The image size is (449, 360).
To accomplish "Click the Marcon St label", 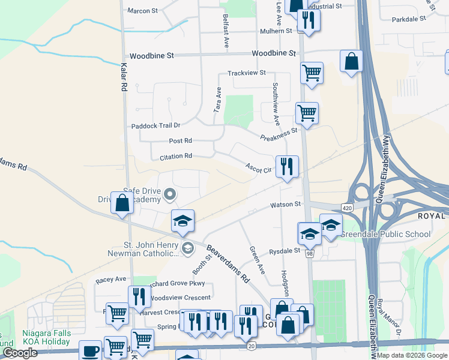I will [x=142, y=11].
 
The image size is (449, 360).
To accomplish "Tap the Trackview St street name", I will [x=246, y=73].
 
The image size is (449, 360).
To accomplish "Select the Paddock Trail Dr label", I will [x=155, y=125].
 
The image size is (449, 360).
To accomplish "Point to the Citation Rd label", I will [x=175, y=156].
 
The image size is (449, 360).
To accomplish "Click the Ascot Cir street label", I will [x=259, y=169].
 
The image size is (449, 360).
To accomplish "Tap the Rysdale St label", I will [x=284, y=251].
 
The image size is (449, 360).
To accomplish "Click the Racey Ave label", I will [x=111, y=279].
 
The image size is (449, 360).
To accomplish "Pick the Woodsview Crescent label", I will [x=179, y=298].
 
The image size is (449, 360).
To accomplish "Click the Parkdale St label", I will [x=408, y=19].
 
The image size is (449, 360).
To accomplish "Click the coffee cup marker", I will [x=91, y=350].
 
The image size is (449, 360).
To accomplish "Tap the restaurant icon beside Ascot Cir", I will [x=287, y=166].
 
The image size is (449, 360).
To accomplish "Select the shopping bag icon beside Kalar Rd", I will [x=122, y=203].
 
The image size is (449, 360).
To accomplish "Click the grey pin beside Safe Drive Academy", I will [x=169, y=194].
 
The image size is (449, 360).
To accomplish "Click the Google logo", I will [x=19, y=353].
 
